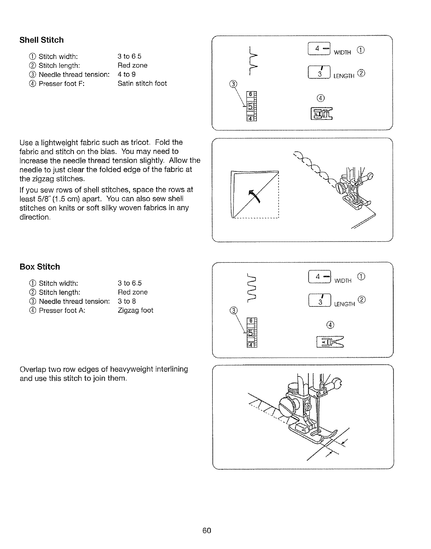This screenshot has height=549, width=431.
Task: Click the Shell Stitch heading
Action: [x=42, y=40]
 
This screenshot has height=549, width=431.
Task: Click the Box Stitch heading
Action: [x=39, y=267]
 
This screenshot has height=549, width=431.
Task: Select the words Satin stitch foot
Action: [x=142, y=84]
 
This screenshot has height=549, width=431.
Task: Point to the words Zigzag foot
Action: [x=135, y=311]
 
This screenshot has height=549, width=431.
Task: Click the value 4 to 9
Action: [x=126, y=75]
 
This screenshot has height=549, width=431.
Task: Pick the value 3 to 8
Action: [x=126, y=301]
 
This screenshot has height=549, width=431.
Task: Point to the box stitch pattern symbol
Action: [x=252, y=288]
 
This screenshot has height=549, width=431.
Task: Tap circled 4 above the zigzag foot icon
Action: [x=331, y=325]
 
